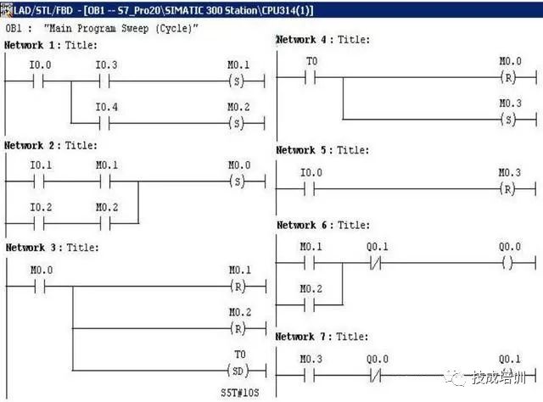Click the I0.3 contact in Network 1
click(x=106, y=81)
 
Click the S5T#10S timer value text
click(x=239, y=393)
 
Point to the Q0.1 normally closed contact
click(x=377, y=263)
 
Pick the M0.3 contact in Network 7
click(x=311, y=374)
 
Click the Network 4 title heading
click(x=322, y=40)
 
